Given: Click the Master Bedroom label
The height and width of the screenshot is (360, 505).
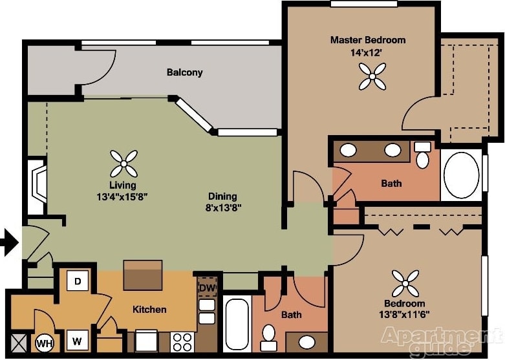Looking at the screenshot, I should point(368,40).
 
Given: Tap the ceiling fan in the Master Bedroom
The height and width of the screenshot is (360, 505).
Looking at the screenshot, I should point(372,76).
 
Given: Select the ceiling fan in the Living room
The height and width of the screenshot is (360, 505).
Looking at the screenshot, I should point(124,164).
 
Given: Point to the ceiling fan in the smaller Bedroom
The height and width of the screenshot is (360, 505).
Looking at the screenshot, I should point(405,283).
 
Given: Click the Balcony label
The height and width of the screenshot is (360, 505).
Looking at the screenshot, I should point(184,72).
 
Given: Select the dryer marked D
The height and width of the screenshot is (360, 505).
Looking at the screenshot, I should point(78,281).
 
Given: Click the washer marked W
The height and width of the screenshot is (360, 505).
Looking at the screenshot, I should point(78,341).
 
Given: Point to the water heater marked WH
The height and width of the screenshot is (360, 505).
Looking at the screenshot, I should point(45,343).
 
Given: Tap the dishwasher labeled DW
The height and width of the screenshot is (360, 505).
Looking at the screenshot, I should point(207,288).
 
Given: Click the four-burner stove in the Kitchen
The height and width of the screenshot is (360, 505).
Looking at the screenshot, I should point(182,341).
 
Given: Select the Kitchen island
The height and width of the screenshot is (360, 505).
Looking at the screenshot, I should point(142,275).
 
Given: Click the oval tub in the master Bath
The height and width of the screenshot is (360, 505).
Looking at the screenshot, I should point(461,175).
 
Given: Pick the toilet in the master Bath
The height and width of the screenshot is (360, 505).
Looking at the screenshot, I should point(422,154).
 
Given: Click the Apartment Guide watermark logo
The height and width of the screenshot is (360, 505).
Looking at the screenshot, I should point(442,341).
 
